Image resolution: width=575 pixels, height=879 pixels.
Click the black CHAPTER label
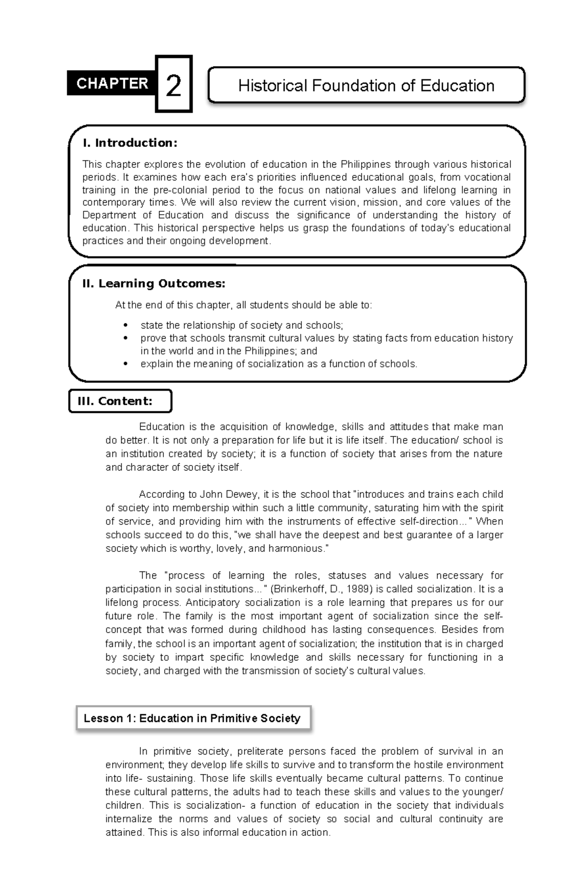click(x=112, y=84)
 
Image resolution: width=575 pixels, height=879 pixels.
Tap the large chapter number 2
click(x=173, y=86)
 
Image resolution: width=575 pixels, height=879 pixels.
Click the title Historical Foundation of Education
click(x=366, y=86)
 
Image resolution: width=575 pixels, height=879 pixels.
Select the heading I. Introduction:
click(x=130, y=143)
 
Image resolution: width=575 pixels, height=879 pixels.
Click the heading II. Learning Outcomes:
click(x=153, y=284)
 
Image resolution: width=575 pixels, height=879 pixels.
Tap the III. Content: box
click(x=120, y=401)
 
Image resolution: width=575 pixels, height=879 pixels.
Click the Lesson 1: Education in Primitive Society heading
click(x=192, y=718)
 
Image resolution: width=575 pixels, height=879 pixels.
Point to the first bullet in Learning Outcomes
click(x=126, y=325)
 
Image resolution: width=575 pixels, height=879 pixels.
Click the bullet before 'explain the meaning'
click(x=126, y=364)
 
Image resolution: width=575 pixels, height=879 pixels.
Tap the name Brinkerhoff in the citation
click(x=300, y=589)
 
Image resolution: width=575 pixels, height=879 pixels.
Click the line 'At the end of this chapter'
click(x=243, y=305)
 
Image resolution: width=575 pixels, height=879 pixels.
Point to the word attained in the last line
click(x=124, y=833)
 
